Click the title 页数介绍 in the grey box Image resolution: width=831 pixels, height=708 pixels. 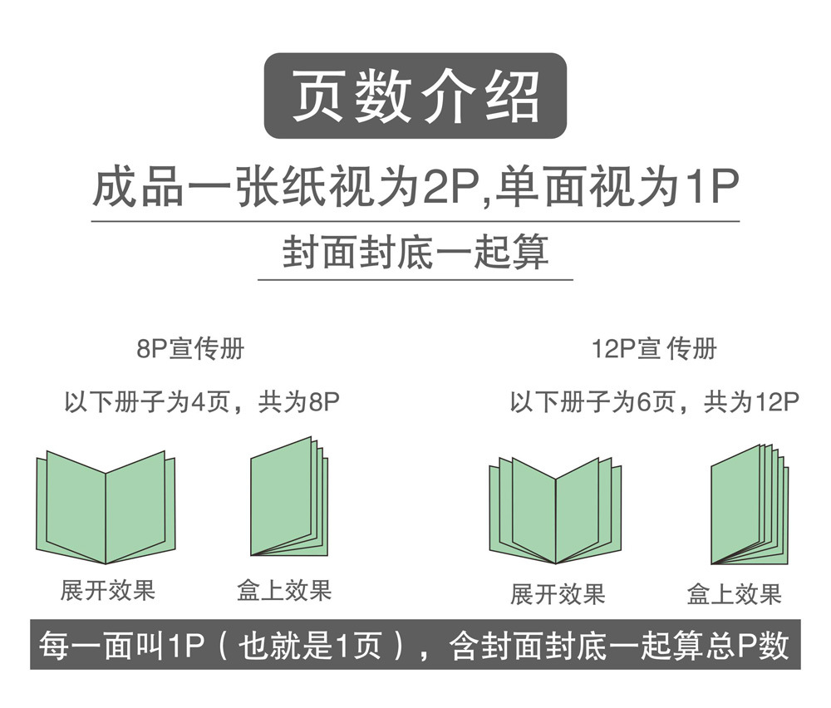pyautogui.click(x=415, y=96)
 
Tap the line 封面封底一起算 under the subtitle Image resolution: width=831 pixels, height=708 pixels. pyautogui.click(x=415, y=253)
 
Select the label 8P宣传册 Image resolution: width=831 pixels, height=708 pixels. pyautogui.click(x=190, y=349)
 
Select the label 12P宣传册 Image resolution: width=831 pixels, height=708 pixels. pyautogui.click(x=654, y=349)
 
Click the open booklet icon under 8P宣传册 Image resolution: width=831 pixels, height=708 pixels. pyautogui.click(x=106, y=507)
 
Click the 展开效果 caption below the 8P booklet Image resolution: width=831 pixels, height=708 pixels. pyautogui.click(x=108, y=591)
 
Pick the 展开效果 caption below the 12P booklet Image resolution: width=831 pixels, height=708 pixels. pyautogui.click(x=558, y=594)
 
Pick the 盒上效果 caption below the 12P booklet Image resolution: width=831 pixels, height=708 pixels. pyautogui.click(x=735, y=594)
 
